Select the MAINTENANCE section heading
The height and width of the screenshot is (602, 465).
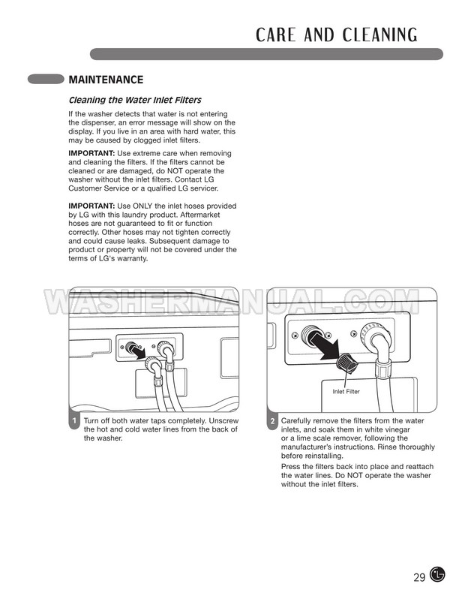pyautogui.click(x=105, y=80)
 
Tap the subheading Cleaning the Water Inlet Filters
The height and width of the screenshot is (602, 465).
pyautogui.click(x=135, y=100)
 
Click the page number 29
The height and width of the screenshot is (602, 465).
pyautogui.click(x=419, y=577)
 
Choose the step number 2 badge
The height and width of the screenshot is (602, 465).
pyautogui.click(x=272, y=421)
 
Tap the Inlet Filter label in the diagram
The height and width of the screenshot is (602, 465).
pyautogui.click(x=346, y=392)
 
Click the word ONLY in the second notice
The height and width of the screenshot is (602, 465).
pyautogui.click(x=148, y=206)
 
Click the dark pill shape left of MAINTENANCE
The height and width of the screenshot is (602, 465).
pyautogui.click(x=45, y=79)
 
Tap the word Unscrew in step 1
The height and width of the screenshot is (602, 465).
pyautogui.click(x=220, y=421)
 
